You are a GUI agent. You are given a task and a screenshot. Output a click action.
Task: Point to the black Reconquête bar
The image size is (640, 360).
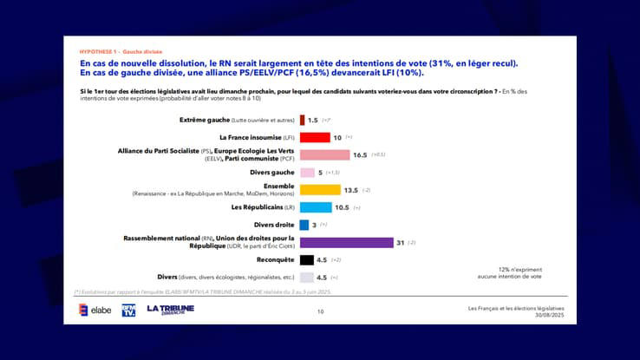305,259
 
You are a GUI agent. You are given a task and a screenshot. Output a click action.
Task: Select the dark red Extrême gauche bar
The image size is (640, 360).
302,120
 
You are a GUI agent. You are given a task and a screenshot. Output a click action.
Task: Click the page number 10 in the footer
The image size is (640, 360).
320,311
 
